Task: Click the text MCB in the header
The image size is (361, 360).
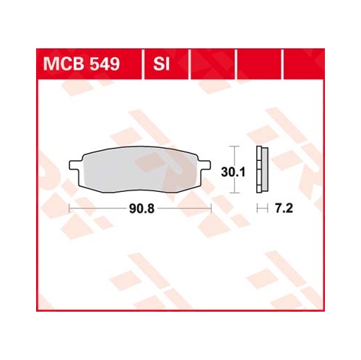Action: (64, 64)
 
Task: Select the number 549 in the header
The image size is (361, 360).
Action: (105, 64)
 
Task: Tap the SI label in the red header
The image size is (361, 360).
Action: (162, 64)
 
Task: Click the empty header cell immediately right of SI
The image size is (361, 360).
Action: (213, 64)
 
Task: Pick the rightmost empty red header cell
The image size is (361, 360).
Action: (304, 64)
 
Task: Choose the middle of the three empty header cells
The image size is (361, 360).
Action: (259, 64)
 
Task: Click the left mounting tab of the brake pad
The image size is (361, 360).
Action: (76, 165)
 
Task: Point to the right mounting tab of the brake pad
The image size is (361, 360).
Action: (204, 165)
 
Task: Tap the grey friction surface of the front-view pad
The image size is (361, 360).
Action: (140, 170)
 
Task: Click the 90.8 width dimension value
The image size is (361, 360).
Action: (142, 208)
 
